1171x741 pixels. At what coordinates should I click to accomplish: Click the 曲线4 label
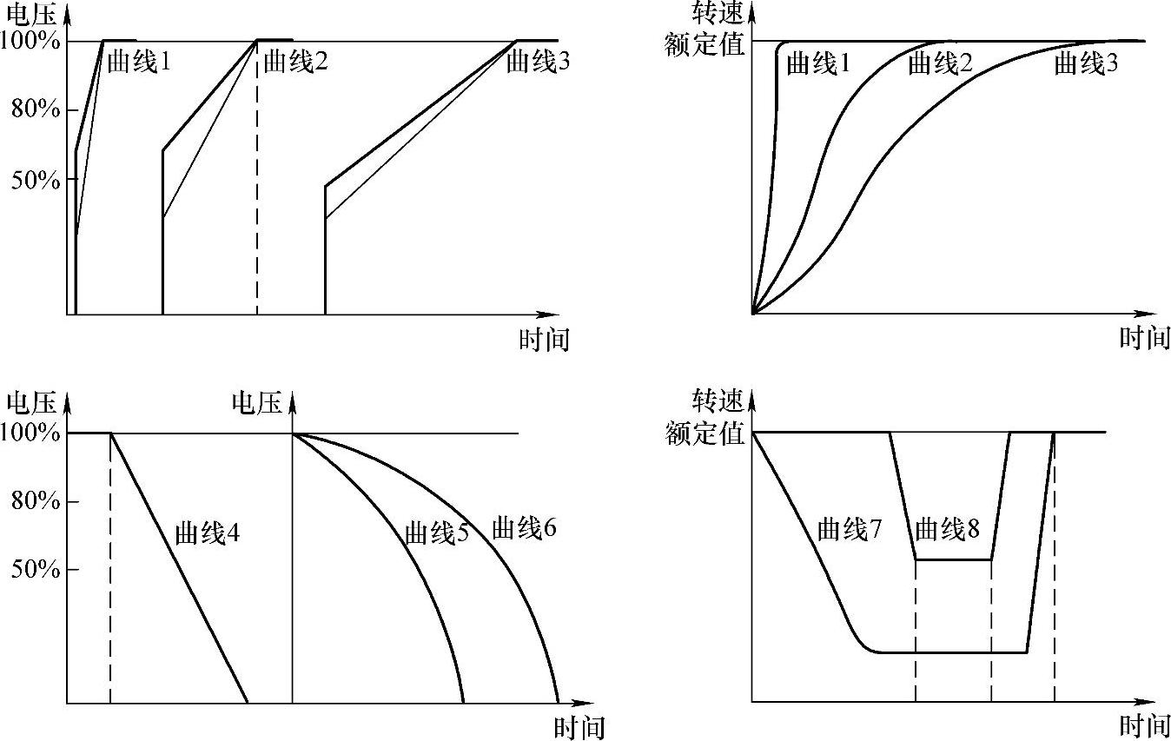click(x=207, y=533)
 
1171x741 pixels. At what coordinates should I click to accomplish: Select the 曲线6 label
click(x=524, y=527)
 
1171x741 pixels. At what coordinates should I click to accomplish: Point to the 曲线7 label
click(x=850, y=529)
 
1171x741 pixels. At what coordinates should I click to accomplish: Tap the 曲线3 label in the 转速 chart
click(x=1086, y=63)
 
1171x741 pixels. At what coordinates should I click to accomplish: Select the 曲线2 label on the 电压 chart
click(x=294, y=63)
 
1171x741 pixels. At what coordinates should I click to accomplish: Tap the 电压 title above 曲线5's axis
click(x=256, y=402)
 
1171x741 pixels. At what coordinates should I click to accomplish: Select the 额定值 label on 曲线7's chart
click(x=705, y=433)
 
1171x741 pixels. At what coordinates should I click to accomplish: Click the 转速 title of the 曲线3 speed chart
click(x=718, y=14)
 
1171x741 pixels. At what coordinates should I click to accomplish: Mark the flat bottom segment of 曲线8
click(x=953, y=560)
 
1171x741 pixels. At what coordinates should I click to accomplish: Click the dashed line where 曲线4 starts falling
click(x=110, y=565)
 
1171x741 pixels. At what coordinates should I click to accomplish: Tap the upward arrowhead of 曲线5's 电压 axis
click(x=292, y=400)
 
